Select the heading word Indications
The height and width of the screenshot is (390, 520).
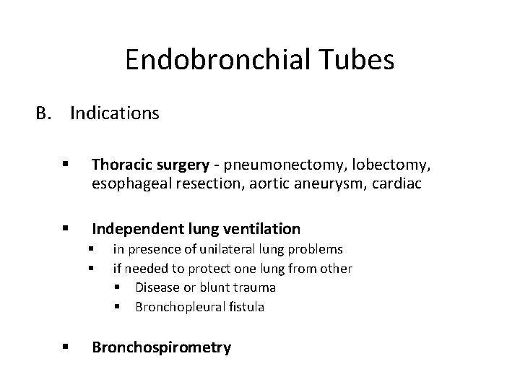(x=115, y=113)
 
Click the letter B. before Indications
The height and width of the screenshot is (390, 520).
(x=45, y=113)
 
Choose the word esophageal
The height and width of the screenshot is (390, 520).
(x=127, y=184)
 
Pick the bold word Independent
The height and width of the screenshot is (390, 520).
(x=135, y=229)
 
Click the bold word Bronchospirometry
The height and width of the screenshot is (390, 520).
(x=161, y=347)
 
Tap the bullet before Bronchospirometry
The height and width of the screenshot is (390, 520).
(x=66, y=347)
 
